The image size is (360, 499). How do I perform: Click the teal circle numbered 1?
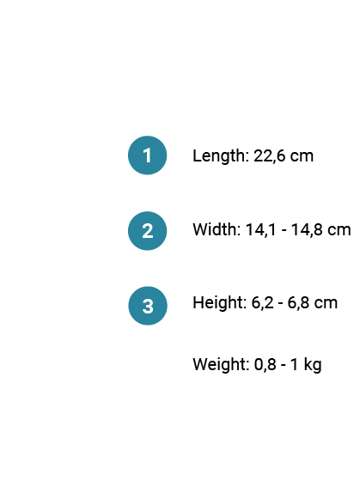click(148, 155)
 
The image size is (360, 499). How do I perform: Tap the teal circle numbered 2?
click(148, 231)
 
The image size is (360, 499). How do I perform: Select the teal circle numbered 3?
click(148, 306)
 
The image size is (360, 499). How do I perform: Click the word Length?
click(221, 156)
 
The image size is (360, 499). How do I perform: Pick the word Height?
click(219, 303)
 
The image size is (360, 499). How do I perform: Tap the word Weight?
click(221, 365)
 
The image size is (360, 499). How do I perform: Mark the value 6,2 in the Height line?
click(262, 302)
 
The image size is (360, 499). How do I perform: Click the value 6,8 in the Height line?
click(298, 302)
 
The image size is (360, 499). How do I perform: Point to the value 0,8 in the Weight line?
click(265, 364)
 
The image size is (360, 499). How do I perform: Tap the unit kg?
click(313, 365)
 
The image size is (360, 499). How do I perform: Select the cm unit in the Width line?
click(339, 231)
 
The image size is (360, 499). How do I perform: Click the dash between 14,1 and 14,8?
click(284, 231)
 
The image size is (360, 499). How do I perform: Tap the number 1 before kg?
click(295, 364)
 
